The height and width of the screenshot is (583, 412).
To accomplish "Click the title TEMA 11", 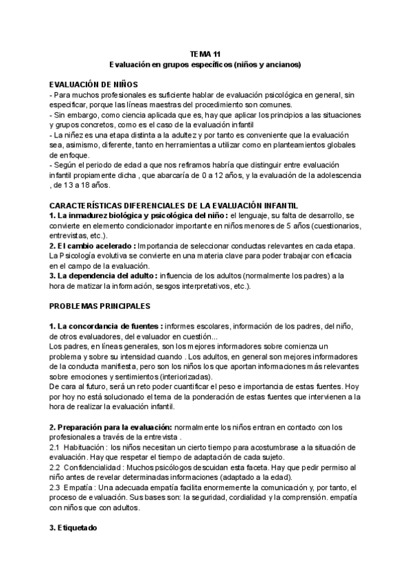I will coord(205,53).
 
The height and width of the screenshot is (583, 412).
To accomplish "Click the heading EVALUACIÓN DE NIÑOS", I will coord(94,82).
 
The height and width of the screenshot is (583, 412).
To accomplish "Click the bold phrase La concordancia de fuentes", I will coord(111,327).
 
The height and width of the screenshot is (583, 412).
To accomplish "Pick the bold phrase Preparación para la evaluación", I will coord(115,428).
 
